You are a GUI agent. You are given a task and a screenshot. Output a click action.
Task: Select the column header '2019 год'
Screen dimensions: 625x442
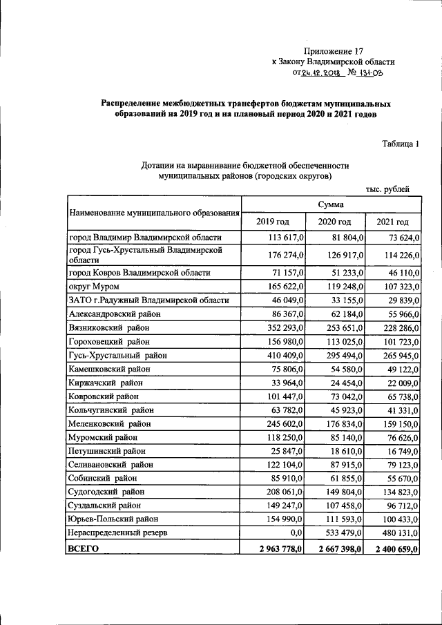(273, 222)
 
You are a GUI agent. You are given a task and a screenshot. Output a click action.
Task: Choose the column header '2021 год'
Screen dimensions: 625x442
(392, 222)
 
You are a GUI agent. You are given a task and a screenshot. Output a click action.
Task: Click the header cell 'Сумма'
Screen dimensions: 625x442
(331, 204)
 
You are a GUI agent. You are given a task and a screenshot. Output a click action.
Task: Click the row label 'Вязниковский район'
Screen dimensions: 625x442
(109, 327)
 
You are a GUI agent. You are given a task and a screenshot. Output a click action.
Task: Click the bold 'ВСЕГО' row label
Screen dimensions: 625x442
(83, 548)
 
